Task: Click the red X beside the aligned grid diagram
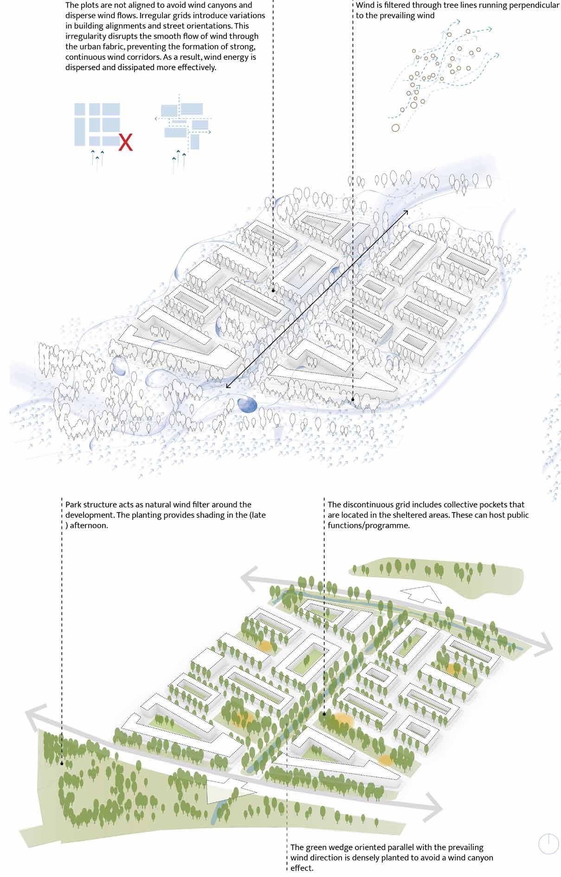pos(125,143)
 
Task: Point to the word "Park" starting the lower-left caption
pos(73,505)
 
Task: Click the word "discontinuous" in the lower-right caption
pos(373,505)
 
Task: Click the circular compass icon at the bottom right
pos(548,844)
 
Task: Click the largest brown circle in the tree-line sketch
pos(395,128)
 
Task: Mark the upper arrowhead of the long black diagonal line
pos(406,212)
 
